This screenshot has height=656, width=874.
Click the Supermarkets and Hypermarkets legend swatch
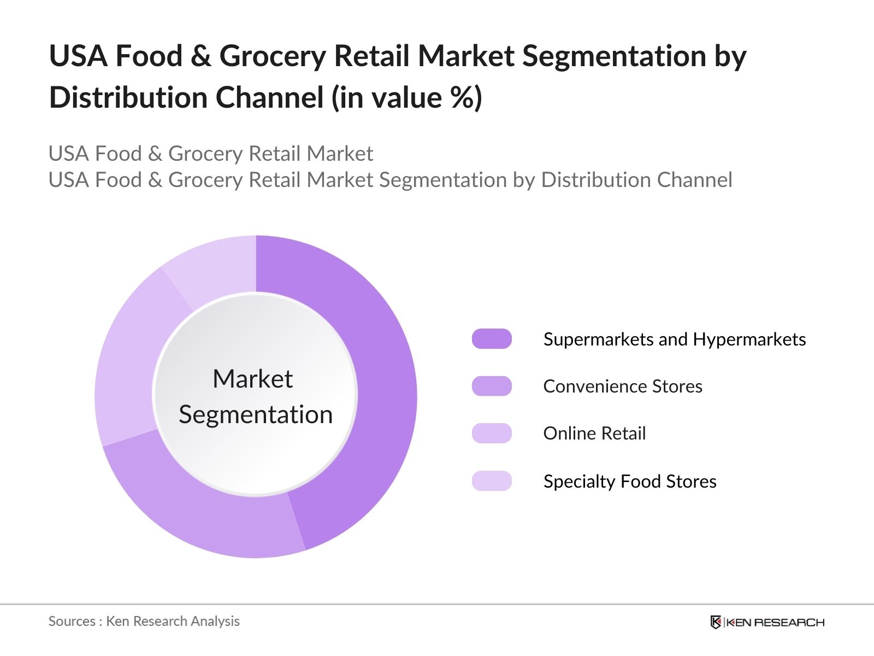(x=492, y=339)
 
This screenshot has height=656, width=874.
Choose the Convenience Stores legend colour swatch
(x=492, y=386)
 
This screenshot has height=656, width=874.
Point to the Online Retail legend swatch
(x=492, y=434)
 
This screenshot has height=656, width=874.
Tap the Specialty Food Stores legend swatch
(x=492, y=481)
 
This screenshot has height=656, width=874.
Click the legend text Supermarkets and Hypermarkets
(x=675, y=339)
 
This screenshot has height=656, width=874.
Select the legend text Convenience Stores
(x=623, y=386)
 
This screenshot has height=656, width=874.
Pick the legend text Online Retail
(x=594, y=434)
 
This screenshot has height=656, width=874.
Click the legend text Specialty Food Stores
(x=630, y=482)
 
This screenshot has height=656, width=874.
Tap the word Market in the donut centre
(x=253, y=378)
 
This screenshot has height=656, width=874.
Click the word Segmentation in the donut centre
(x=256, y=415)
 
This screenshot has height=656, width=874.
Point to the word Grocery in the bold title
(x=273, y=57)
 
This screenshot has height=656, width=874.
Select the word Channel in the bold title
(x=269, y=97)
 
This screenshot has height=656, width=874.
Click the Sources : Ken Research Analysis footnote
(x=144, y=622)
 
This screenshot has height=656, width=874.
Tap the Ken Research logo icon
(x=716, y=622)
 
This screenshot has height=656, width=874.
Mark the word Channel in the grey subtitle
(x=694, y=180)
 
